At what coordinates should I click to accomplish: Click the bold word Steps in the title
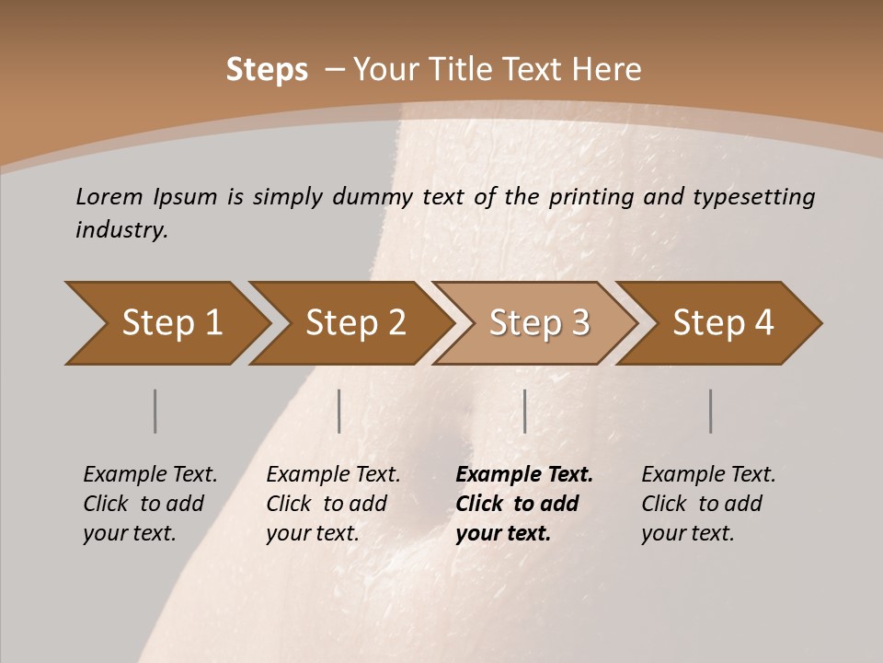click(267, 70)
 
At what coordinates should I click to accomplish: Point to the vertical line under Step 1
click(155, 411)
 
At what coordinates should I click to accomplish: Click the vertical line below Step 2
click(339, 411)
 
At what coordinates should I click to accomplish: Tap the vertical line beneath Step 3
click(524, 411)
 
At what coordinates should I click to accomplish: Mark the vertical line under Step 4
click(711, 411)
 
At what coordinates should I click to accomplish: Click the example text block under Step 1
click(150, 504)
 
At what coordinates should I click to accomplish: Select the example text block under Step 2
click(333, 504)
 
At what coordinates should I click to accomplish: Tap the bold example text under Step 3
click(524, 504)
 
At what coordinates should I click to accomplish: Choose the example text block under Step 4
click(708, 504)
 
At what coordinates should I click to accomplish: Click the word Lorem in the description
click(109, 196)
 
